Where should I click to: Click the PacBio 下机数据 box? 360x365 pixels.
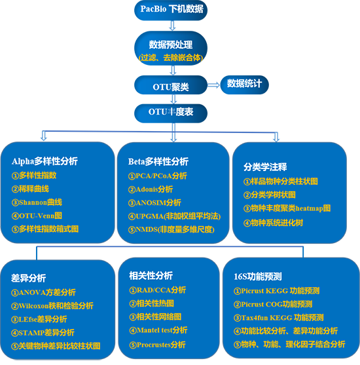click(171, 10)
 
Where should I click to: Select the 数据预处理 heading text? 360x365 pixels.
click(171, 45)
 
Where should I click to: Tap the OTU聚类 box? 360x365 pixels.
click(171, 85)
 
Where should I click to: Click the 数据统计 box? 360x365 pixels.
click(244, 85)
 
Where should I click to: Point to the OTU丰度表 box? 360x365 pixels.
click(171, 113)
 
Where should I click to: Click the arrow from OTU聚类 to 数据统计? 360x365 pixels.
click(213, 85)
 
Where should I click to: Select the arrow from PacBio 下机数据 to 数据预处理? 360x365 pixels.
click(172, 26)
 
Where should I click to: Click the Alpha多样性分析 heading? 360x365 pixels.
click(45, 161)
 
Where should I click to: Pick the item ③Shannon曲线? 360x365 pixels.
click(37, 202)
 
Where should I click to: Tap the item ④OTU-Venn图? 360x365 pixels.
click(37, 216)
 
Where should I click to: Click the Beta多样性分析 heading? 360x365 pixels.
click(158, 162)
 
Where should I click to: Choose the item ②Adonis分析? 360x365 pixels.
click(151, 189)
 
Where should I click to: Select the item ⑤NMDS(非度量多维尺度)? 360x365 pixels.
click(171, 230)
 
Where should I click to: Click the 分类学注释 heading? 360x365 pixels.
click(265, 167)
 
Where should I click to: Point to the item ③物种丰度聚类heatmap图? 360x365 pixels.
click(287, 208)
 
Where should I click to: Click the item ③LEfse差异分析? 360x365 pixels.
click(39, 319)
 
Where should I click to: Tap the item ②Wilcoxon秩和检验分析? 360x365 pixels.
click(52, 305)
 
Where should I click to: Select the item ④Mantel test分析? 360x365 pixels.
click(158, 330)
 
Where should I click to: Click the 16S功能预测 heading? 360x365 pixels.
click(258, 277)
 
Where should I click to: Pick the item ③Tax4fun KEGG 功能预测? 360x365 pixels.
click(279, 318)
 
